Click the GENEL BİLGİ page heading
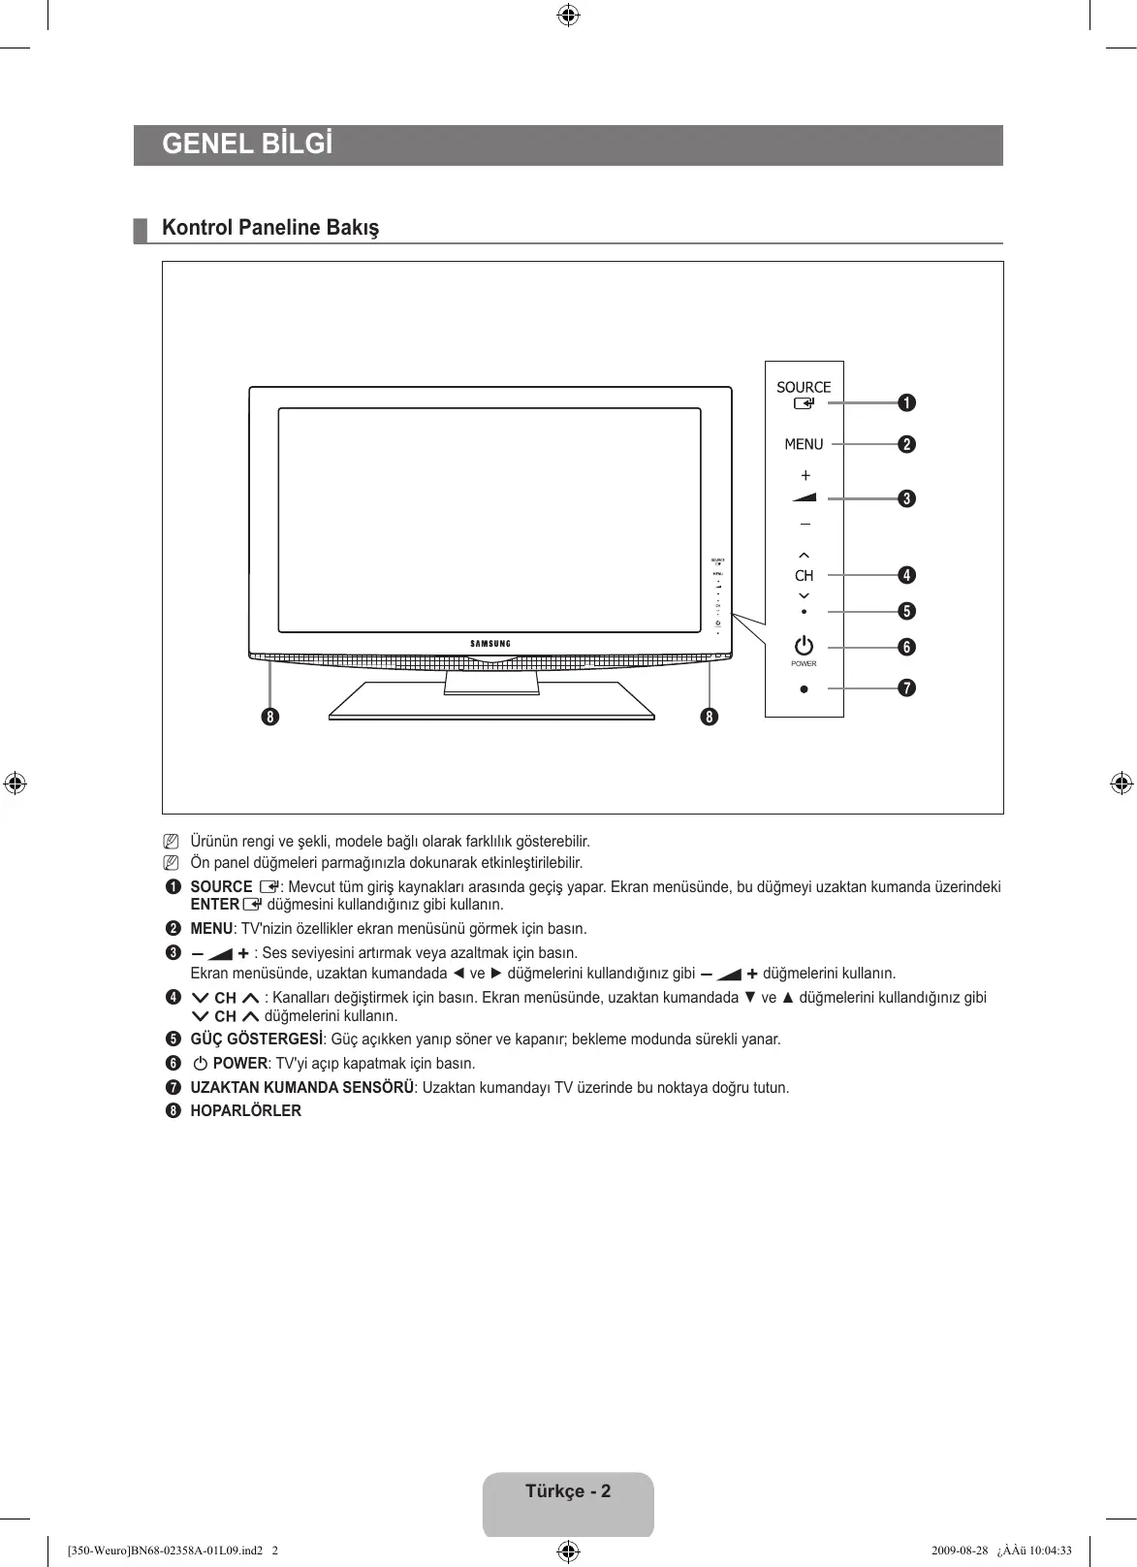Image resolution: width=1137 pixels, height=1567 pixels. click(x=247, y=144)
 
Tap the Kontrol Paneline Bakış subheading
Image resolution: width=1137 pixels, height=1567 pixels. click(x=270, y=228)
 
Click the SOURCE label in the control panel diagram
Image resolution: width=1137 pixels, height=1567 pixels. click(x=804, y=387)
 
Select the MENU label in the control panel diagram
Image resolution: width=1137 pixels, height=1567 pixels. click(x=804, y=444)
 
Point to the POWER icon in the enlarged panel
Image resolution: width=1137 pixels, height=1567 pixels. click(x=804, y=646)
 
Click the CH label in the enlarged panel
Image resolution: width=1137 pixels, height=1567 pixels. click(x=805, y=576)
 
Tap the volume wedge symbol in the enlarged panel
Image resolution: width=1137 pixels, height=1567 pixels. click(x=805, y=497)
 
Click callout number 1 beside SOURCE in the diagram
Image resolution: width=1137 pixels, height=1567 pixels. click(x=906, y=402)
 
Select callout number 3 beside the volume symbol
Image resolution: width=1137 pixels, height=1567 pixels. click(x=906, y=498)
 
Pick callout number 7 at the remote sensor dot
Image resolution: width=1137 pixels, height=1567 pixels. click(x=906, y=688)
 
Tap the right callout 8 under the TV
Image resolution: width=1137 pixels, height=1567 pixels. click(x=711, y=718)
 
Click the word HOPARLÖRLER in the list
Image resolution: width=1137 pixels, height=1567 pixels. click(x=245, y=1111)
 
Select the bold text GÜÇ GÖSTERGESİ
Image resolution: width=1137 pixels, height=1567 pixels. click(x=256, y=1039)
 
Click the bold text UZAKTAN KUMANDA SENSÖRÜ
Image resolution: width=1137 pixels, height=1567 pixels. click(x=302, y=1088)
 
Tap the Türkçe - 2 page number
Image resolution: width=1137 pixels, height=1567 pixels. click(x=568, y=1491)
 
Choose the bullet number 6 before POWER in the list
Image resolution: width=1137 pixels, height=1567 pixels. click(x=174, y=1064)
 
